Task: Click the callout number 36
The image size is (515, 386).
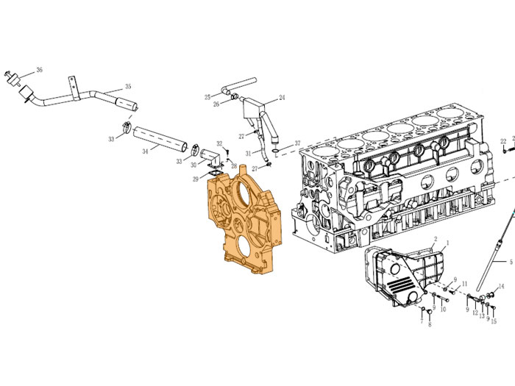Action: [40, 70]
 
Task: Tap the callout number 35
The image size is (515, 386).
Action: [128, 86]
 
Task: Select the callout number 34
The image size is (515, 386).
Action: [145, 151]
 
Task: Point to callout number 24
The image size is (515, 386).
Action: [282, 98]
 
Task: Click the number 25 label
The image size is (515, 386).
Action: [207, 97]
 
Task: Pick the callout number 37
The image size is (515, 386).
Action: [297, 143]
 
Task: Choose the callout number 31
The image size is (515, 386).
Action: [249, 153]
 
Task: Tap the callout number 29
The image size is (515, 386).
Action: [196, 179]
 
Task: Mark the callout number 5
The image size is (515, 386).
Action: [511, 262]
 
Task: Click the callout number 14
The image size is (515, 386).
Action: [501, 287]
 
